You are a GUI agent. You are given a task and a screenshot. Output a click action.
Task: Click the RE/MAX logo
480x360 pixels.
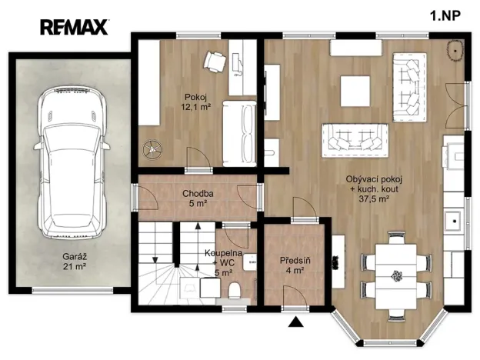point(74,27)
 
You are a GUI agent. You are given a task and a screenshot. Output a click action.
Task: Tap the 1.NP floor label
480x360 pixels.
point(445,15)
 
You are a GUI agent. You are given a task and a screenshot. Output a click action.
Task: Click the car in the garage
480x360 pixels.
point(72,163)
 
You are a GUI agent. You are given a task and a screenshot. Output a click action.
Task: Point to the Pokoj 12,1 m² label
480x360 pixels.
point(196,102)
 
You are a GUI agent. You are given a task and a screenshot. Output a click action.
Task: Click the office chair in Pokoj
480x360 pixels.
point(215,62)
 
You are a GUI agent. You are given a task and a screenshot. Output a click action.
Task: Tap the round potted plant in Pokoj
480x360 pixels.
point(152,149)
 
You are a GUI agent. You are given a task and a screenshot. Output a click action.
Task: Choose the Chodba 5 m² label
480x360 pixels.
point(198,198)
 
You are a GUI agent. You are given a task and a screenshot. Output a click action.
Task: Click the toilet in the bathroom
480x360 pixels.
point(235,290)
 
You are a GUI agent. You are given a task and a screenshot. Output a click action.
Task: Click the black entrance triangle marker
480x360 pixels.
point(295,322)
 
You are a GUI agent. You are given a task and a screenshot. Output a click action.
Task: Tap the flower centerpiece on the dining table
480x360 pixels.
point(396,275)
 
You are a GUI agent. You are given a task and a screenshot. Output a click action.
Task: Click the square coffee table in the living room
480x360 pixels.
point(355,92)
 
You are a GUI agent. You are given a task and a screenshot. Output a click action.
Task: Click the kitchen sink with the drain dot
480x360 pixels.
point(455,221)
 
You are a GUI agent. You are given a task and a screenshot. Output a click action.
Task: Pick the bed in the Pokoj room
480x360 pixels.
point(239,134)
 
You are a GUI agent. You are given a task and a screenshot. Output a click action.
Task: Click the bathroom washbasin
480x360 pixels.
point(250,262)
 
